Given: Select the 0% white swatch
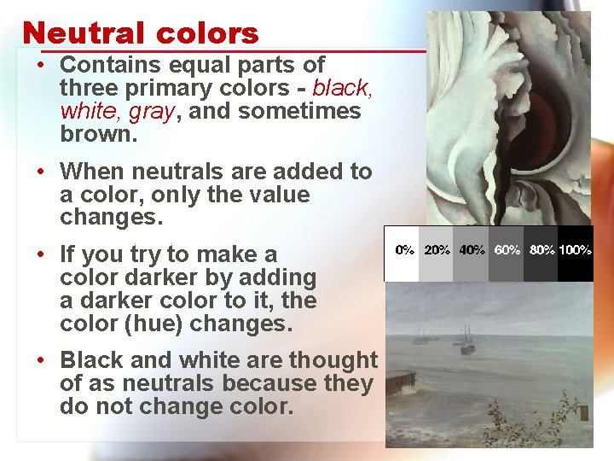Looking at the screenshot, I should (x=403, y=254).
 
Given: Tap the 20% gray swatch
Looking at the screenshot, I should (x=437, y=254).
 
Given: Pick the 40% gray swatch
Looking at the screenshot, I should (x=471, y=254).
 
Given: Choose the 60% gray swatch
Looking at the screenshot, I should (x=506, y=254).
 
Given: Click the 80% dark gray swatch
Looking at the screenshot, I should (x=541, y=254).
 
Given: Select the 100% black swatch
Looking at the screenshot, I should (x=576, y=254).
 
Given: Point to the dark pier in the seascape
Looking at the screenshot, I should (x=398, y=381).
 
